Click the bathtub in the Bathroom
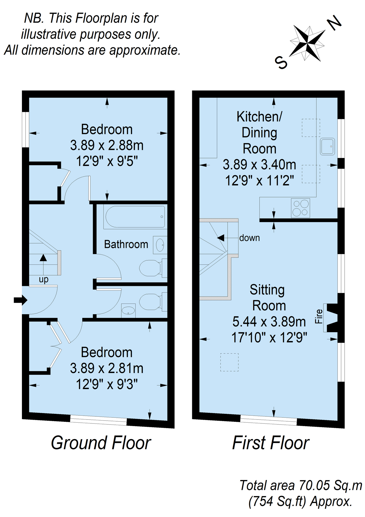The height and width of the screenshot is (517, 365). (135, 217)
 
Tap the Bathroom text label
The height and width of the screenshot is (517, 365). (126, 244)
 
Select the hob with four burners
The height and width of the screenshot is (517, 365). (301, 208)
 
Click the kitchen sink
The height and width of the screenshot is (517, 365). (328, 147)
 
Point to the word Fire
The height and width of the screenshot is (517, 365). (319, 316)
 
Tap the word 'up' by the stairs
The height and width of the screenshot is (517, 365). (44, 280)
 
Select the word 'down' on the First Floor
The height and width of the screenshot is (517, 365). (250, 238)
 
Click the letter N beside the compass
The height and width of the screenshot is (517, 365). (334, 23)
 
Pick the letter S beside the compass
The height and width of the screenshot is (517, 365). (281, 62)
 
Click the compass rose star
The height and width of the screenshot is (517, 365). (307, 43)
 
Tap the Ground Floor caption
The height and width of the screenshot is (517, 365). (101, 443)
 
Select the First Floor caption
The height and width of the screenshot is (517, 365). (271, 443)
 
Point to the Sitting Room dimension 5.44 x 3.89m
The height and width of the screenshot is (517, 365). (269, 322)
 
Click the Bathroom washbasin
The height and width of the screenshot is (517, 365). (160, 245)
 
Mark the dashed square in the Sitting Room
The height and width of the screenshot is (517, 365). (229, 362)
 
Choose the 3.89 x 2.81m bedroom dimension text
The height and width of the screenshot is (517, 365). (107, 368)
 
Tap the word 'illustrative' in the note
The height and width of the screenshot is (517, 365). (49, 34)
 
